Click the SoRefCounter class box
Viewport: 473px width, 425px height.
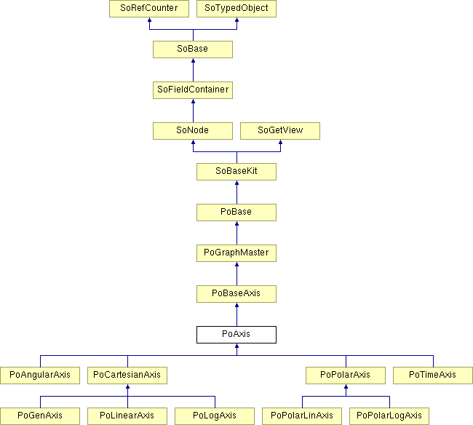coord(149,9)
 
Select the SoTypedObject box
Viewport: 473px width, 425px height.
coord(236,9)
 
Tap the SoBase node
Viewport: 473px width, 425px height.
coord(193,49)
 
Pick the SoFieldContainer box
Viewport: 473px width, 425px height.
coord(193,90)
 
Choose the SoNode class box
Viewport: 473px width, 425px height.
coord(193,130)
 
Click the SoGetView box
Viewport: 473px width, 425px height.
coord(280,130)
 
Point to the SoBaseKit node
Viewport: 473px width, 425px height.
coord(236,172)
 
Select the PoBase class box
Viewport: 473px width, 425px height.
coord(236,212)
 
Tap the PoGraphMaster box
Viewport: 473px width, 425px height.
coord(236,253)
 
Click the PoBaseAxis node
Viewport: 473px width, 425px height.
coord(236,294)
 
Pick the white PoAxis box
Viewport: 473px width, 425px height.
coord(236,335)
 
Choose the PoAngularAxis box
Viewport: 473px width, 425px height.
coord(40,376)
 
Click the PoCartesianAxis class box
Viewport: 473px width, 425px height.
coord(127,376)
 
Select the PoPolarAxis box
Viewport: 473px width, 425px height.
coord(346,376)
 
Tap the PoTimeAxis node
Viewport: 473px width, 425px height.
coord(433,376)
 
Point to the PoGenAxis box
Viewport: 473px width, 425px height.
coord(40,416)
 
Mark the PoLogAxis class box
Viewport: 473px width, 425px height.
coord(215,416)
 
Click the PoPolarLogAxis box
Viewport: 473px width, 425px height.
coord(389,416)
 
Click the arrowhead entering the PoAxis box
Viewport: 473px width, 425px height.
coord(236,346)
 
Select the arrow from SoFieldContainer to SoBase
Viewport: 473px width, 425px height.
coord(193,70)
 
